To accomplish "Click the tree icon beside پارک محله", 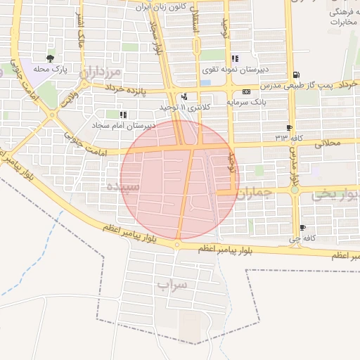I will (49, 58).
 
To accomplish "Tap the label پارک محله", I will (50, 70).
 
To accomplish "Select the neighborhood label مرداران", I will (103, 72).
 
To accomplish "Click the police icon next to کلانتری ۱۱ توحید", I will (184, 96).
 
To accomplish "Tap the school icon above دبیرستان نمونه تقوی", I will (234, 58).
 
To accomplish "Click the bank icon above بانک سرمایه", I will (246, 91).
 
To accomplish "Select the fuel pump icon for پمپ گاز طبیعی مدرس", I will (296, 75).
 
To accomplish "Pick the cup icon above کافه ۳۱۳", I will (289, 127).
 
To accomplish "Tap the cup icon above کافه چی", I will (302, 227).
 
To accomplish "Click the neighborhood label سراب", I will (173, 284).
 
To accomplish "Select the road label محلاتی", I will (328, 143).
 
